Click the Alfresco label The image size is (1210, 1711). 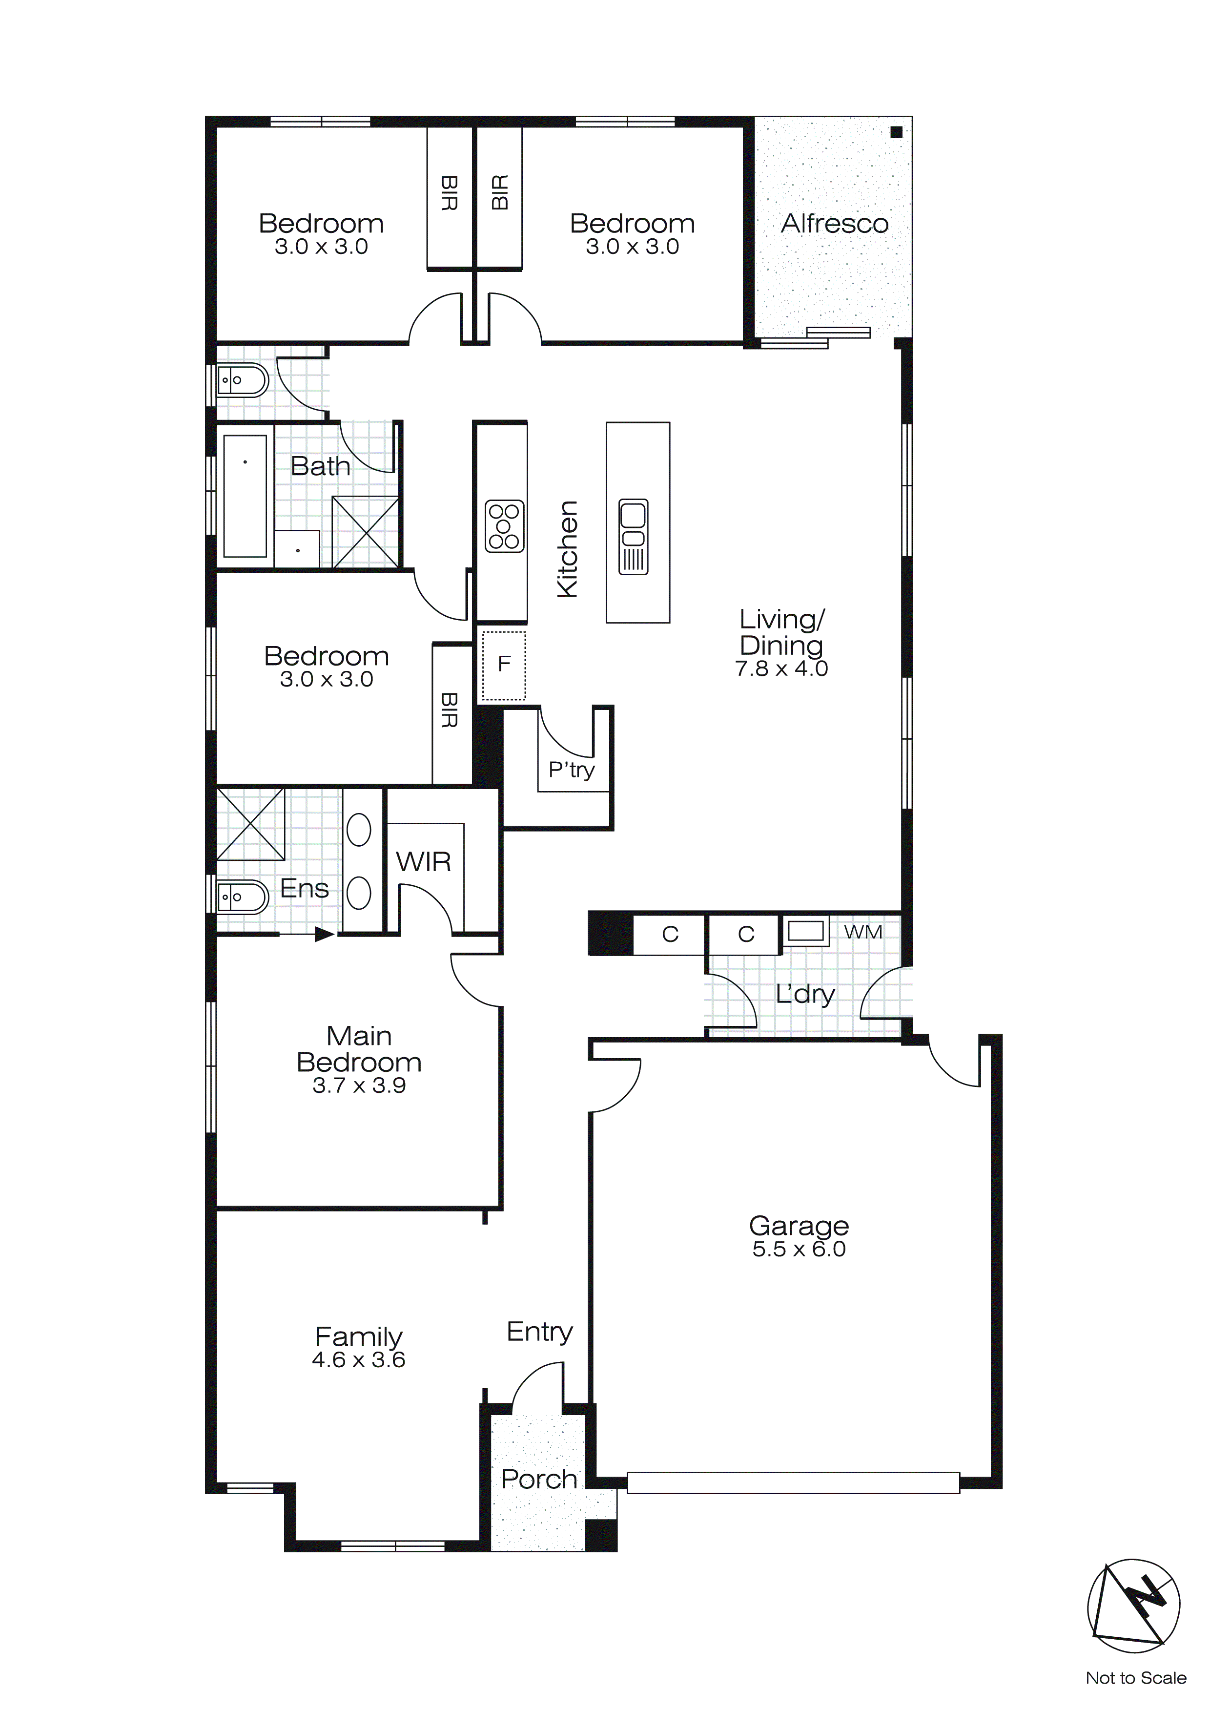[835, 224]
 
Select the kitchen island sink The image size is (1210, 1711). [634, 537]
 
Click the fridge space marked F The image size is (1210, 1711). [504, 665]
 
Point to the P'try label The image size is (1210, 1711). [572, 769]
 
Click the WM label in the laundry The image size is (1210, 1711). [863, 932]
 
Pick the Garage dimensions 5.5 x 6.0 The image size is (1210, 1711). [799, 1249]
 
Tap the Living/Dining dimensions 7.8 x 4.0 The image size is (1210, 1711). [781, 668]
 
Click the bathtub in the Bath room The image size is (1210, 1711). [245, 496]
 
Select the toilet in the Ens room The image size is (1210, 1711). [242, 897]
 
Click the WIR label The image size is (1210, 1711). [423, 862]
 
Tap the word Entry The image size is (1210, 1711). [539, 1332]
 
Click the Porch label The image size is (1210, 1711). [539, 1479]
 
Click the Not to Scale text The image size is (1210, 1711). [1135, 1677]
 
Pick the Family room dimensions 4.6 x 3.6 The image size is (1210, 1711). [358, 1359]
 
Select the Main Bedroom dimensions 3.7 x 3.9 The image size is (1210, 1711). [359, 1086]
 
